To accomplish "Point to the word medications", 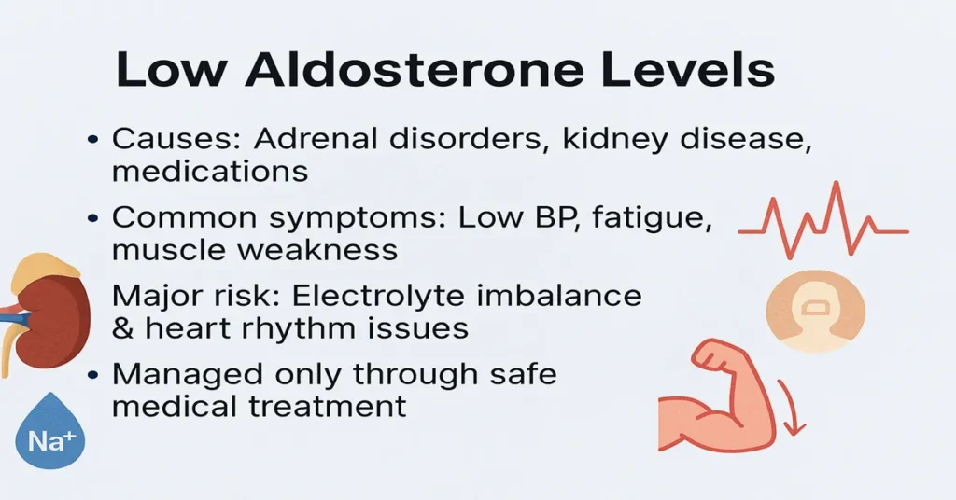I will coord(210,172).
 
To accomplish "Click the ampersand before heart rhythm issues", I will coord(122,327).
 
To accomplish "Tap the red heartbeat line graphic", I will coord(822,225).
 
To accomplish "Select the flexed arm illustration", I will coord(714,396).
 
